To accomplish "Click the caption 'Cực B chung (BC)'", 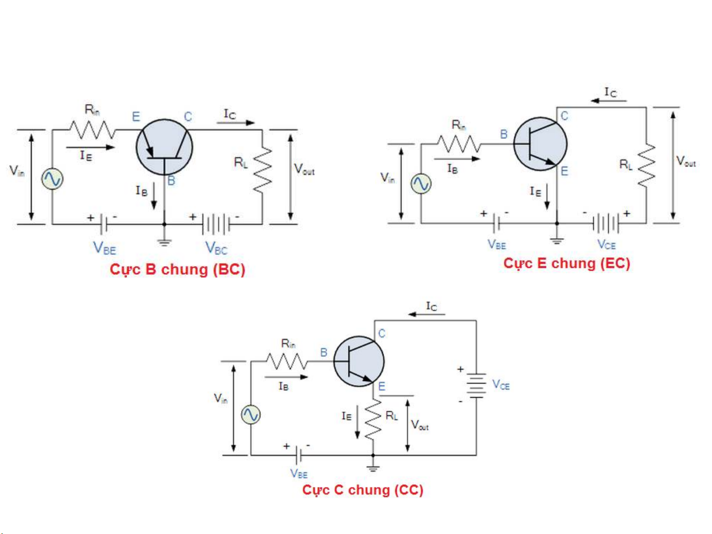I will coord(177,270).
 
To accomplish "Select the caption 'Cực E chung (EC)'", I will coord(567,263).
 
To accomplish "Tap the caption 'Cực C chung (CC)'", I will coord(363,490).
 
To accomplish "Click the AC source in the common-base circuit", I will coord(52,179).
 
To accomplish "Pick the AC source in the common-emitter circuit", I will coord(421,184).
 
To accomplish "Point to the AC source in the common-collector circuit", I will coord(251,415).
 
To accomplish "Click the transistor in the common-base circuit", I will coord(164,147).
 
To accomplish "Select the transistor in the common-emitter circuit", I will coord(540,144).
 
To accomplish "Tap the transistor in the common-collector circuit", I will coord(359,362).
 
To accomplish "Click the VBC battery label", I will coord(216,248).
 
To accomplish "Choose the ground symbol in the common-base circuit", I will coord(165,242).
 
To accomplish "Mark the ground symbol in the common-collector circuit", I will coord(373,468).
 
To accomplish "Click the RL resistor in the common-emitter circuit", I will coord(646,165).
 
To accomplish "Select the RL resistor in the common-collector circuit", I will coord(373,420).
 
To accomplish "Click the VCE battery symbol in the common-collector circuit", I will coord(476,385).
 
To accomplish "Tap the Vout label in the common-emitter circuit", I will coord(686,162).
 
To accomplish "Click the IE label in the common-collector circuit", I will coord(346,416).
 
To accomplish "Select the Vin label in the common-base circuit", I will coord(17,171).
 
